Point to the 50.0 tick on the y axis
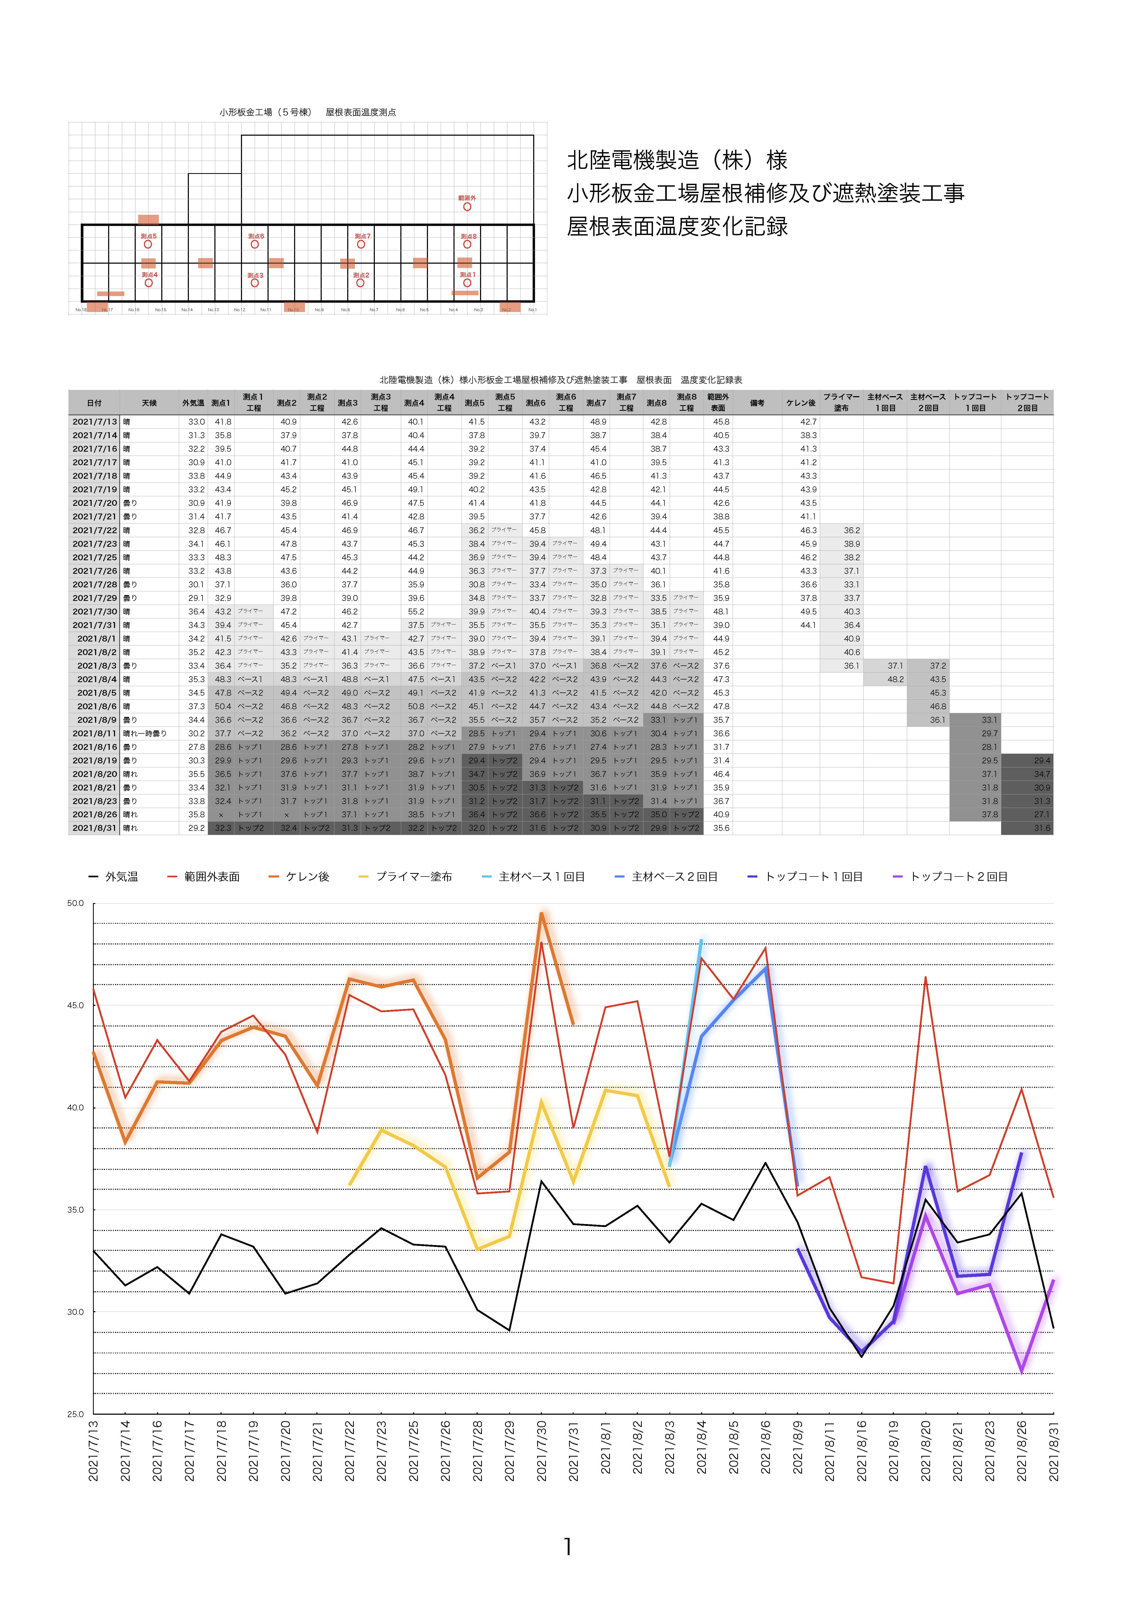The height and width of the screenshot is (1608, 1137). [76, 904]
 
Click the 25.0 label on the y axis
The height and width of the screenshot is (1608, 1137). [76, 1414]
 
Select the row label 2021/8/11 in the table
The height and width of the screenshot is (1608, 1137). [95, 733]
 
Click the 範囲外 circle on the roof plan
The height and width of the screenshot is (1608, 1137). [467, 207]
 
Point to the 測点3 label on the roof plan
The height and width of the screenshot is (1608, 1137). [255, 275]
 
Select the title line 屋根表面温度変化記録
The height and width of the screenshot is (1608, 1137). [677, 226]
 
